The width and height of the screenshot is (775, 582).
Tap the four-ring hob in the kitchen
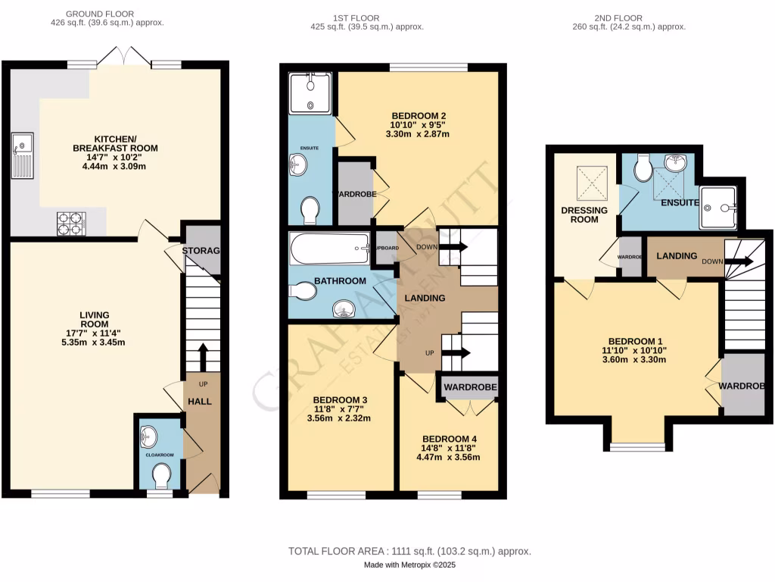[x=72, y=223]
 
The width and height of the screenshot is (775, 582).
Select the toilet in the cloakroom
[x=161, y=476]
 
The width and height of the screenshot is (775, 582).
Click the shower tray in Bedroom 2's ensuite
[x=310, y=92]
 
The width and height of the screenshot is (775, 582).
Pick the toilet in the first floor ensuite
[x=310, y=210]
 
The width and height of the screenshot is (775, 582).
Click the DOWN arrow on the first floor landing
[x=456, y=247]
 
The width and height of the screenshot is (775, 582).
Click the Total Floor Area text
[x=409, y=551]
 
